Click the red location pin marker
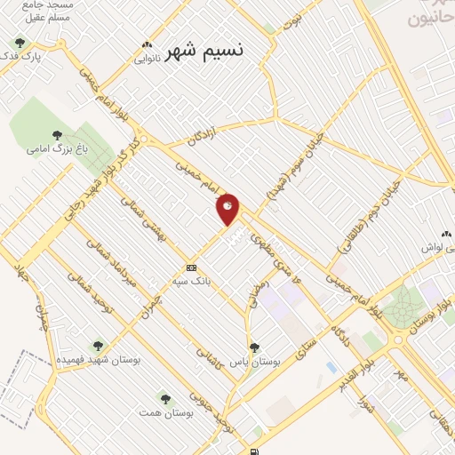(228, 209)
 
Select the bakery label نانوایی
(148, 60)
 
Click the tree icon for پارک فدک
(20, 42)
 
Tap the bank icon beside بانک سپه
(191, 267)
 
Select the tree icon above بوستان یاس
(254, 347)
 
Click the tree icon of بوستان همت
(165, 398)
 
